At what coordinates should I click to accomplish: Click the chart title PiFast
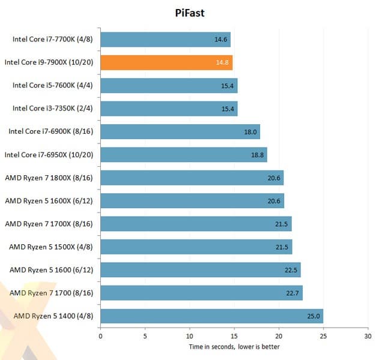(189, 13)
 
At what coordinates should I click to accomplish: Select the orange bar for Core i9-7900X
(166, 62)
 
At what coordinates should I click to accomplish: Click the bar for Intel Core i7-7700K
(165, 40)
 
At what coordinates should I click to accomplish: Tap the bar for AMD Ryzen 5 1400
(211, 316)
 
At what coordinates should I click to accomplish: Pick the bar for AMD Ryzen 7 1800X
(192, 178)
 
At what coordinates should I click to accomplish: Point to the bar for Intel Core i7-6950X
(184, 155)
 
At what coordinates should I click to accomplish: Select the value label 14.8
(223, 62)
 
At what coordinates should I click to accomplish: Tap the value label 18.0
(251, 132)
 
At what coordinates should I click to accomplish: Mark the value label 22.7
(294, 293)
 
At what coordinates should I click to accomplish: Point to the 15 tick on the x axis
(234, 336)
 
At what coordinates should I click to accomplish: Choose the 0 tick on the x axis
(100, 336)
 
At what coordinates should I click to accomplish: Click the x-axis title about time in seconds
(234, 347)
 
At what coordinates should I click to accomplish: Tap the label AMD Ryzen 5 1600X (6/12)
(49, 200)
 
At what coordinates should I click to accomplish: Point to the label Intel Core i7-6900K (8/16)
(51, 131)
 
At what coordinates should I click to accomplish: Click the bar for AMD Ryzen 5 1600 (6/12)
(200, 269)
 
